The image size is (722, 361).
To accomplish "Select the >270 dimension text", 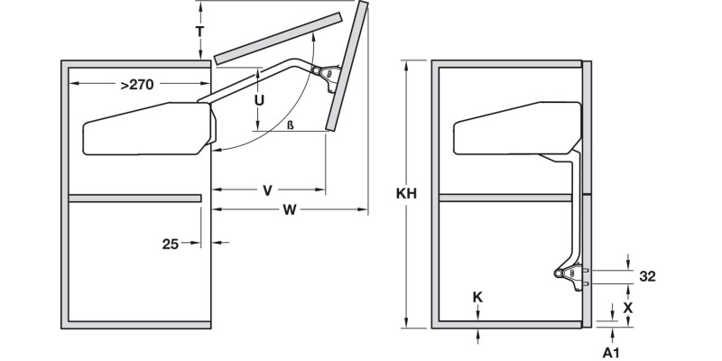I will click(x=136, y=85).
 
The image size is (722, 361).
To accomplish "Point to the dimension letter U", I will click(x=259, y=100).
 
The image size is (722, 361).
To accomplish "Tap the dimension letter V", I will click(x=267, y=190).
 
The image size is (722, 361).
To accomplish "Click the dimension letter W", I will click(x=290, y=211).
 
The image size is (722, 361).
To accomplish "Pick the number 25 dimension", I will click(x=170, y=243).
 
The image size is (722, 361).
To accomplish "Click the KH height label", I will click(x=407, y=193).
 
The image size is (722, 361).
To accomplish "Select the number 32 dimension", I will click(x=647, y=276).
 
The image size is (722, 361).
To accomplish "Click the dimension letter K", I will click(x=477, y=297).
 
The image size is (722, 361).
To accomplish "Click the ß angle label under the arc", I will click(x=291, y=125).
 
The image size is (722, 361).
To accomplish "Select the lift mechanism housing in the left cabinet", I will click(x=144, y=128).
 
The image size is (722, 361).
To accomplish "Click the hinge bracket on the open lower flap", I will click(x=324, y=75).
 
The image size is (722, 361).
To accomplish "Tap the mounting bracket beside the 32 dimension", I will click(x=569, y=275).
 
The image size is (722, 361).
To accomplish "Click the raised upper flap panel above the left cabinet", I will click(x=278, y=38).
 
